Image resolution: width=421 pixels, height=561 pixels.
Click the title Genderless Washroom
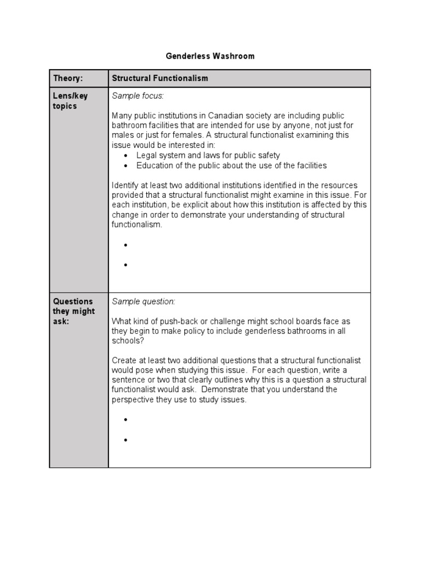(210, 56)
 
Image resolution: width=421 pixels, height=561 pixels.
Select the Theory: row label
(67, 78)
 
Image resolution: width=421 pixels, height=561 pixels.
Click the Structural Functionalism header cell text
(160, 78)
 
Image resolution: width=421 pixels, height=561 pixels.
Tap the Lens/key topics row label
(70, 101)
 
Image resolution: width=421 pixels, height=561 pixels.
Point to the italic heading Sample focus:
(138, 96)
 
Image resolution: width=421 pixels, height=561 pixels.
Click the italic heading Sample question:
(144, 301)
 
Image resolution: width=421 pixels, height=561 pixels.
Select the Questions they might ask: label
(73, 311)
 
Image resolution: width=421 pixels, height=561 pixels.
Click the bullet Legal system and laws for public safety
(208, 155)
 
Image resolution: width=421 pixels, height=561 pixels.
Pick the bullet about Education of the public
(231, 165)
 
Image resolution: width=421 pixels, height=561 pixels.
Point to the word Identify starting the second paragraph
(125, 185)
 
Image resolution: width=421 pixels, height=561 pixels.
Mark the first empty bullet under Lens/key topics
(126, 245)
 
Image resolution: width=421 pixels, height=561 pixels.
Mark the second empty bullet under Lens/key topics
(126, 265)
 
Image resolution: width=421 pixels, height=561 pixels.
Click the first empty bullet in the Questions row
(126, 420)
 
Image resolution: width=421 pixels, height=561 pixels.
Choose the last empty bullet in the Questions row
(126, 440)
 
